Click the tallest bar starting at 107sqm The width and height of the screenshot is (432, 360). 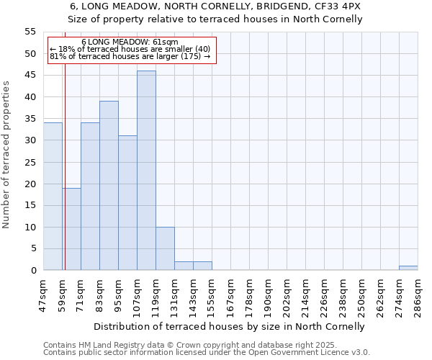146,171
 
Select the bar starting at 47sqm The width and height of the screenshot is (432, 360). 53,197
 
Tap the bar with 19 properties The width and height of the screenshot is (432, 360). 71,229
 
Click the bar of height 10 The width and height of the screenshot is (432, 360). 165,248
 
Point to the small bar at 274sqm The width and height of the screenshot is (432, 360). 408,269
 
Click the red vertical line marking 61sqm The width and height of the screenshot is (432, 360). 65,166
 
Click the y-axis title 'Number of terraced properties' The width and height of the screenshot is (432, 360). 6,154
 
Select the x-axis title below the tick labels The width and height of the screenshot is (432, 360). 230,326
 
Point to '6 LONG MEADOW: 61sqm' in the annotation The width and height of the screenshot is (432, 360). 130,42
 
